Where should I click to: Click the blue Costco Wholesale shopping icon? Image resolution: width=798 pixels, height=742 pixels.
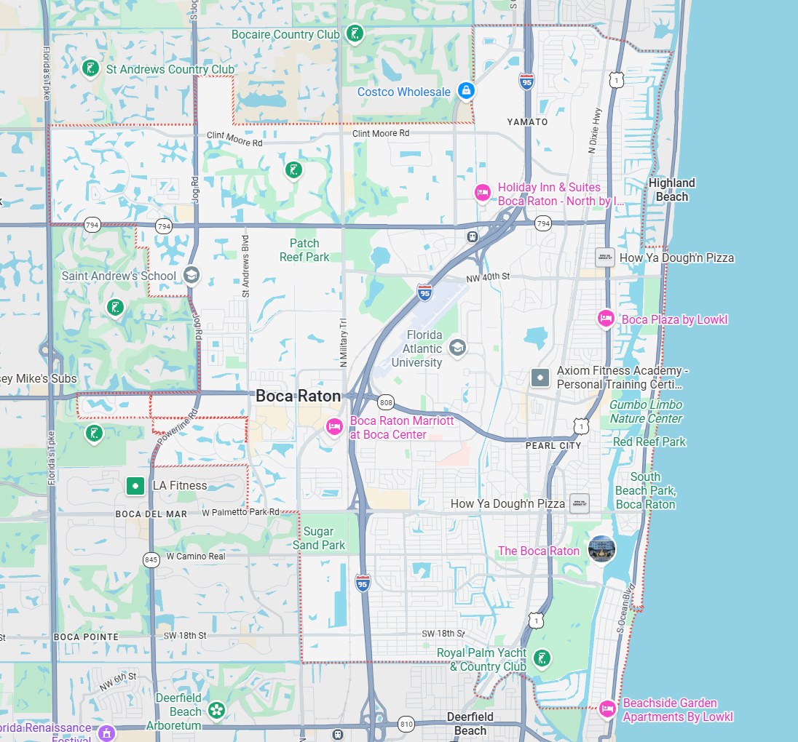(x=466, y=91)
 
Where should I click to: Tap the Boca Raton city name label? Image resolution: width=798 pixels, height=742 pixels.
(x=298, y=396)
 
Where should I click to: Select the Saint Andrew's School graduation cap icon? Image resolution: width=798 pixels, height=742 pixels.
(x=191, y=275)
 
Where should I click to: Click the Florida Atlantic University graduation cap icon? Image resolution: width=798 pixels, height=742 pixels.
(x=457, y=346)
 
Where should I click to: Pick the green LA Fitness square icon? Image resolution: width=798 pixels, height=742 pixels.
(x=135, y=485)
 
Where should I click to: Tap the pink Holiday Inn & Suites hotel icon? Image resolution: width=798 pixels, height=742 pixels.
(x=481, y=193)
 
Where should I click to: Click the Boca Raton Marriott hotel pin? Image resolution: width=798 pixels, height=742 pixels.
(x=334, y=426)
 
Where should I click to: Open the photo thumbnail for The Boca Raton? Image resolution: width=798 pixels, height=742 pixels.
(x=601, y=549)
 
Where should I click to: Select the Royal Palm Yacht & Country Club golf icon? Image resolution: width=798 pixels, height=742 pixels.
(x=541, y=658)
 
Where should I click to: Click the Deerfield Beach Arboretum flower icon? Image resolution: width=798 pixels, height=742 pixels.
(x=216, y=709)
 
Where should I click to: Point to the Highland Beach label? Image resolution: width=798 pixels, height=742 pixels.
(x=671, y=189)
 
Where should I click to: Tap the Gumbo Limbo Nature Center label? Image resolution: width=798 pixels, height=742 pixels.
(x=646, y=411)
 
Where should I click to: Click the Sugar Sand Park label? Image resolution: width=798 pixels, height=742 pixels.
(x=319, y=538)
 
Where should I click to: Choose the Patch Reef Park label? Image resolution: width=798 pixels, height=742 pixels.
(x=304, y=250)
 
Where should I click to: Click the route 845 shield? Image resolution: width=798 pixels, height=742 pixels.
(x=151, y=559)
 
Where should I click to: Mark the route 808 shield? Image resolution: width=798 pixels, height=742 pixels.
(x=386, y=402)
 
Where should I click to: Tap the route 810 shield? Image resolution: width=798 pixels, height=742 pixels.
(x=406, y=724)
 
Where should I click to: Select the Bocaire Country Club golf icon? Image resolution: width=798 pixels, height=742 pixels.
(x=355, y=33)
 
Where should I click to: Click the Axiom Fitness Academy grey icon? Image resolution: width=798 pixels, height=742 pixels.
(x=540, y=378)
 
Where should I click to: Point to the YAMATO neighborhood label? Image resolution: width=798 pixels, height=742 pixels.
(x=527, y=121)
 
